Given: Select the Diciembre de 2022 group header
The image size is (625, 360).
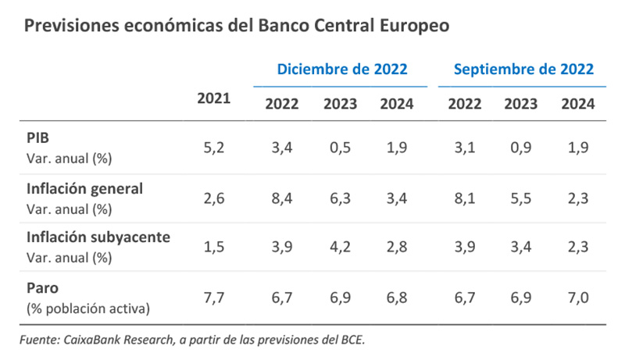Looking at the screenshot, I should click(342, 69).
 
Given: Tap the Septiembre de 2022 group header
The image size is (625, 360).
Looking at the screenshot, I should click(523, 69).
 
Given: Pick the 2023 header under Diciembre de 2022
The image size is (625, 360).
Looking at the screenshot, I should click(340, 104).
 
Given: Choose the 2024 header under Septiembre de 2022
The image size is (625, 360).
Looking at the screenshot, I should click(578, 104).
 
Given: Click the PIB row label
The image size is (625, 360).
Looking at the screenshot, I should click(39, 140).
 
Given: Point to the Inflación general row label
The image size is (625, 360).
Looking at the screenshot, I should click(84, 189).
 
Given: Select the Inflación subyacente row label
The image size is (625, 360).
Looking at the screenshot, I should click(98, 237).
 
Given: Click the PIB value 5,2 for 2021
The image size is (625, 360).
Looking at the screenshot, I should click(213, 148).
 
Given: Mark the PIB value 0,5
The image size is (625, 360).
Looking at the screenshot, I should click(340, 148).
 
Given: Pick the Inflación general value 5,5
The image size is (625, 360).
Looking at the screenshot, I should click(520, 198).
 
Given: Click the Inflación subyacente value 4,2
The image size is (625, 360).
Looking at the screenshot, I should click(340, 246).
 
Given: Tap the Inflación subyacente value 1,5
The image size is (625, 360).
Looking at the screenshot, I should click(213, 246).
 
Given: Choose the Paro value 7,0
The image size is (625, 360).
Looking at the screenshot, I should click(578, 296).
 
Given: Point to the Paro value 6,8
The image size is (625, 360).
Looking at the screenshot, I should click(397, 296).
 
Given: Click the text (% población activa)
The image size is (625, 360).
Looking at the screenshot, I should click(87, 307).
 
